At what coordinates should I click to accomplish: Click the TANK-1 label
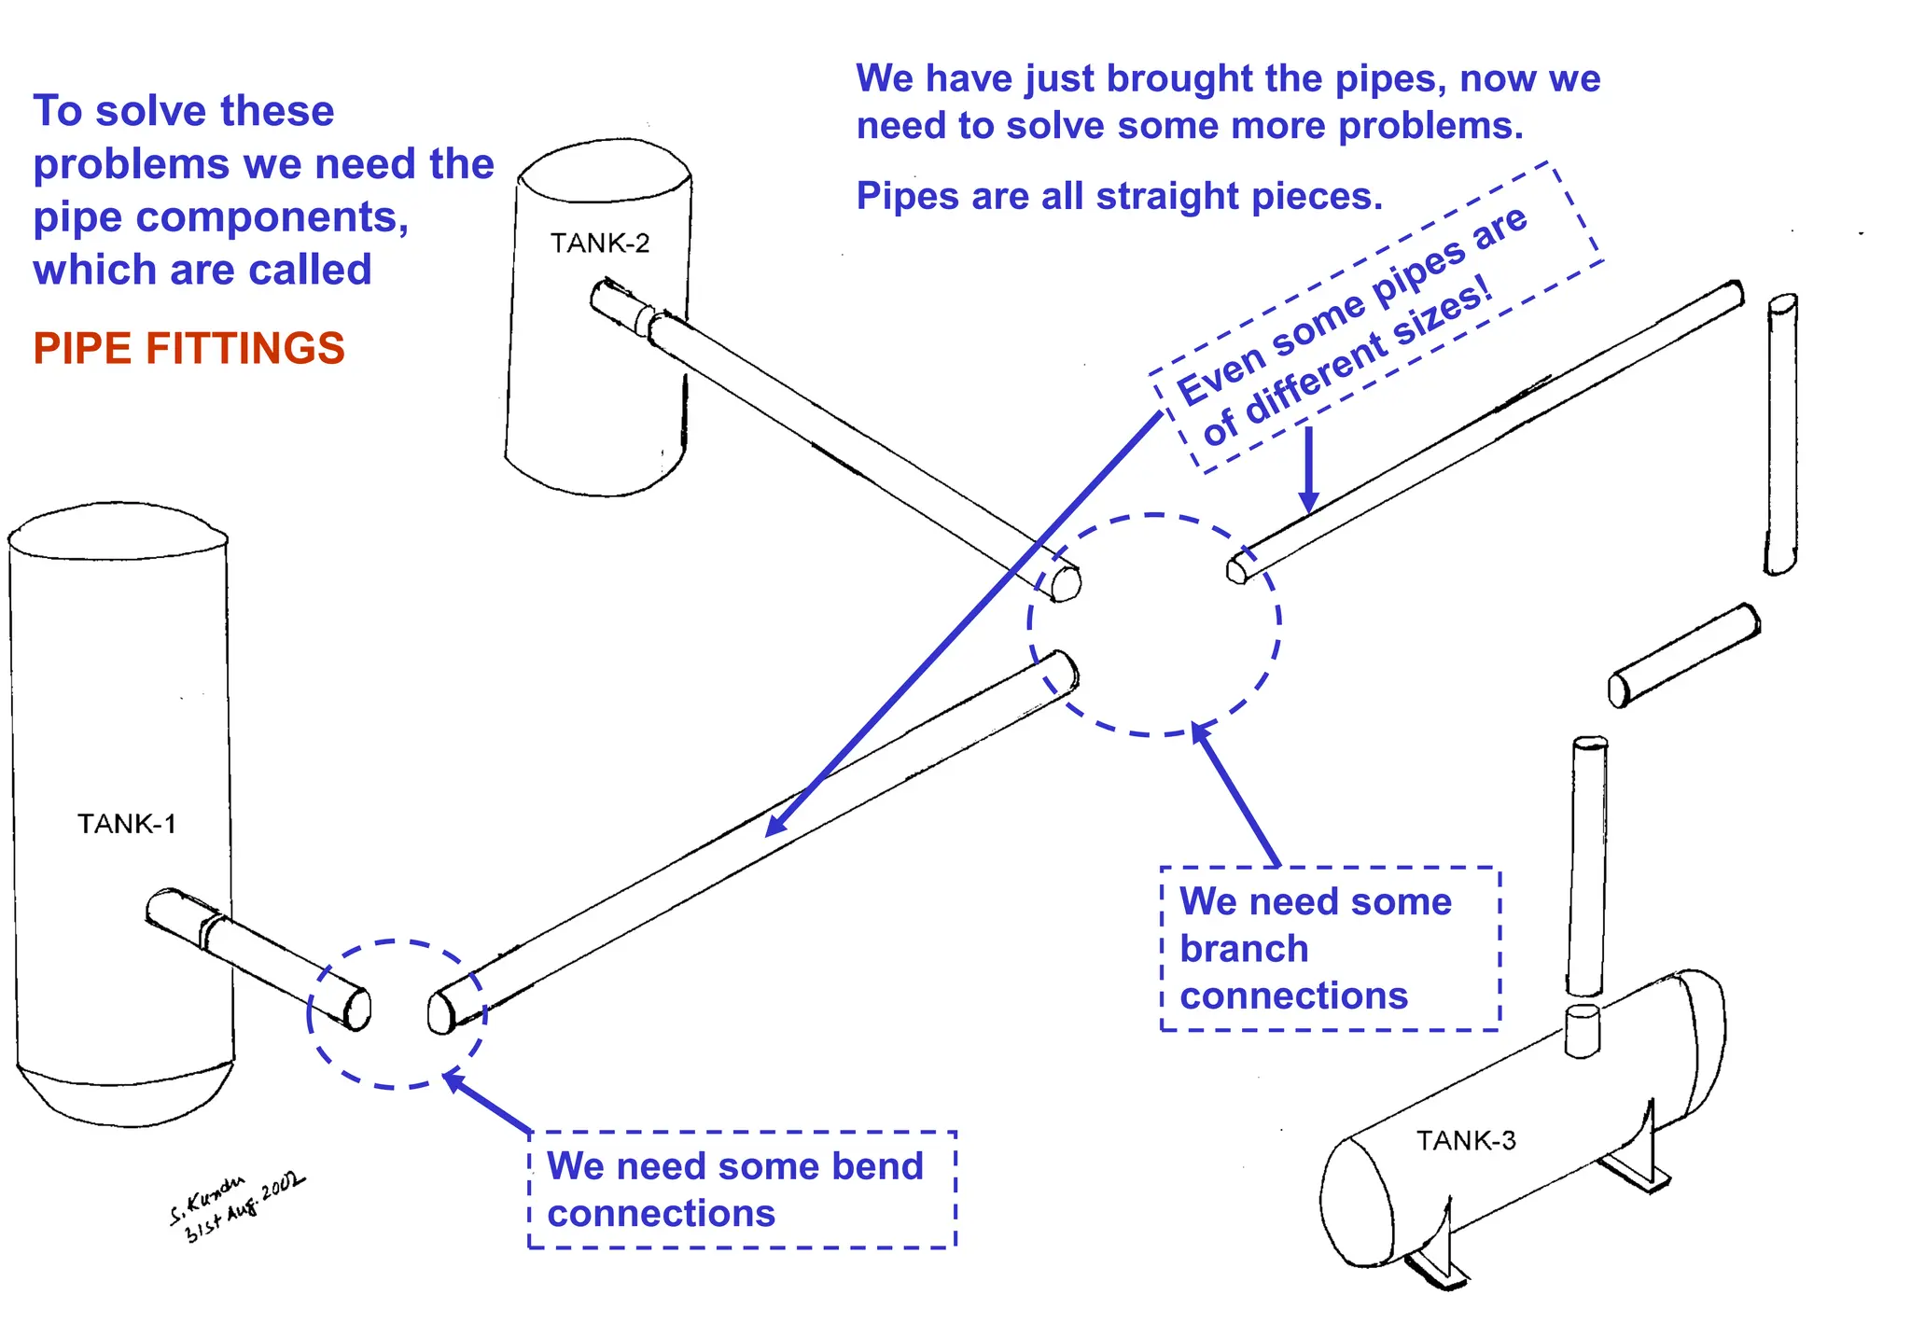(x=126, y=824)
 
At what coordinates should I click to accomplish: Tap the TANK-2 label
(x=599, y=244)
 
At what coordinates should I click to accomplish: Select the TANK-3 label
(x=1465, y=1140)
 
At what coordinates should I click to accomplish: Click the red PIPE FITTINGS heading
(x=188, y=349)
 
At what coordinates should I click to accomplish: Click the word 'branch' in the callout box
(x=1244, y=949)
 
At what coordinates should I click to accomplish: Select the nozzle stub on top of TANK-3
(x=1582, y=1031)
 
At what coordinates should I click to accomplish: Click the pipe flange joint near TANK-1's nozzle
(x=213, y=928)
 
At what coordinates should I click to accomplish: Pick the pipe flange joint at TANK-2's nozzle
(x=645, y=317)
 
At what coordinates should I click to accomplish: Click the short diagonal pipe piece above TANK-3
(x=1684, y=655)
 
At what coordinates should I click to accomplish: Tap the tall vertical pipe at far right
(x=1781, y=434)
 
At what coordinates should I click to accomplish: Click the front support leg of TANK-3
(x=1437, y=1250)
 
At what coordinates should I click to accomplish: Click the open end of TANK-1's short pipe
(x=358, y=1009)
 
